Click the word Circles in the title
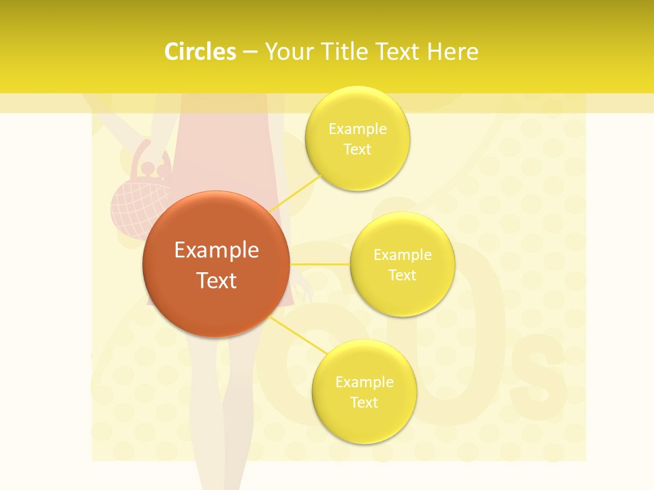pyautogui.click(x=200, y=52)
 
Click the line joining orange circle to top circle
pyautogui.click(x=297, y=192)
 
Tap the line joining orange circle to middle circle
pyautogui.click(x=320, y=263)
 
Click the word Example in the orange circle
pyautogui.click(x=216, y=250)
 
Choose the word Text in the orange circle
pyautogui.click(x=216, y=280)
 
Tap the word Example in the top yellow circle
pyautogui.click(x=358, y=129)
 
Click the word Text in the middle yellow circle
pyautogui.click(x=402, y=275)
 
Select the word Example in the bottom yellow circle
pyautogui.click(x=364, y=382)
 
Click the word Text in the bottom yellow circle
pyautogui.click(x=364, y=402)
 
